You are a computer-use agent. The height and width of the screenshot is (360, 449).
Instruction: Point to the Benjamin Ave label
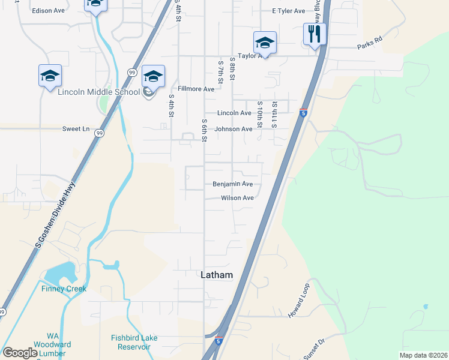tap(232, 184)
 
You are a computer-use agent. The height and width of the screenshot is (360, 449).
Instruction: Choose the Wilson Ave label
tap(237, 197)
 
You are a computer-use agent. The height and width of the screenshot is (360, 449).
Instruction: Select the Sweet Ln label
tap(76, 129)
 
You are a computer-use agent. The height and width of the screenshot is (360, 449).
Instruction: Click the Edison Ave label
tap(49, 11)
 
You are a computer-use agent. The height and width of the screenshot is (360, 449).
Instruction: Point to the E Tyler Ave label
tap(289, 11)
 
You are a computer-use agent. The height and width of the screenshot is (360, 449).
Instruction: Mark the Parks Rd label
tap(369, 44)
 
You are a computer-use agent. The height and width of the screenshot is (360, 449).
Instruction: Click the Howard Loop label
tap(298, 300)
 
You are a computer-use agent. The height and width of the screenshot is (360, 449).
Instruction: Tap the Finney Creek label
tap(64, 289)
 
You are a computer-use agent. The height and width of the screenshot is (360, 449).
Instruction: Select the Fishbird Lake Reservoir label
tap(134, 342)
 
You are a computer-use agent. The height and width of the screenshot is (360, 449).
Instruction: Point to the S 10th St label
tap(260, 114)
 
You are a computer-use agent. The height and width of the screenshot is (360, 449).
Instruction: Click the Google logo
tap(19, 353)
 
